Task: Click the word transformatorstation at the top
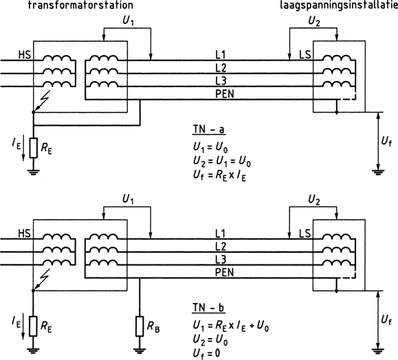pos(80,5)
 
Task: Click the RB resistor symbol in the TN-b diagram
pos(140,326)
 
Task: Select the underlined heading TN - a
pos(209,129)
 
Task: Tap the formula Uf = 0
pos(207,353)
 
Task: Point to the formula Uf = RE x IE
pos(219,176)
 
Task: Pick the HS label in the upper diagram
pos(24,55)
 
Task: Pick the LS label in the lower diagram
pos(305,233)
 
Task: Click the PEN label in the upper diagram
pos(225,94)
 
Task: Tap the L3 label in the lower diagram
pos(221,260)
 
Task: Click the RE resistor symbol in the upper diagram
pos(34,148)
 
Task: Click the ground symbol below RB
pos(140,351)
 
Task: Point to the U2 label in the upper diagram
pos(314,21)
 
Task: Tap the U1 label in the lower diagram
pos(128,199)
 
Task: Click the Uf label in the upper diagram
pos(386,142)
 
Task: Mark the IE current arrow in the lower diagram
pos(23,326)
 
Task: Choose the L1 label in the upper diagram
pos(221,55)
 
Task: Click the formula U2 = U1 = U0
pos(222,161)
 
